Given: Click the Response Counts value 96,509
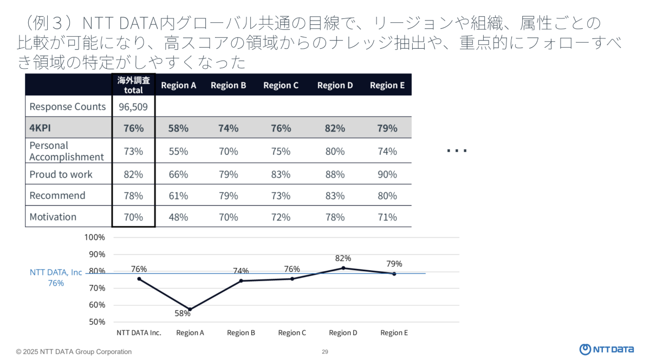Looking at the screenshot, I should click(133, 107).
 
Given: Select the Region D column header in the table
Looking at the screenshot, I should click(335, 85).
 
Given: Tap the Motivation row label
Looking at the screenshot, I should click(53, 217).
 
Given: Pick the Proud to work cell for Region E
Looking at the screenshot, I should click(387, 174).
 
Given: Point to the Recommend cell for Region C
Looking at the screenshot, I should click(281, 195).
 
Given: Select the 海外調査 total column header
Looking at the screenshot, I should click(133, 85).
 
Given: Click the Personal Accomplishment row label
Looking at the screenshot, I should click(66, 151).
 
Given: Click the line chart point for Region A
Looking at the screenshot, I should click(190, 310).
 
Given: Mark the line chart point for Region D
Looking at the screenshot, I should click(343, 268).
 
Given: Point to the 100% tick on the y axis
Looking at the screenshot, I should click(95, 237).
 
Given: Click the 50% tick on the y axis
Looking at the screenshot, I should click(97, 322).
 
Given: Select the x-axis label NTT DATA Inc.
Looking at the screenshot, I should click(139, 333).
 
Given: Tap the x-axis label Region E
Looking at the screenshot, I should click(394, 333).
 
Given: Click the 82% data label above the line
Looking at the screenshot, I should click(343, 258).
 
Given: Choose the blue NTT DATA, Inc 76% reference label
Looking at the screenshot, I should click(56, 277).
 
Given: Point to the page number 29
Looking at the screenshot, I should click(325, 352).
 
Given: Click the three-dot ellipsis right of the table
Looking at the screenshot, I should click(457, 151).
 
